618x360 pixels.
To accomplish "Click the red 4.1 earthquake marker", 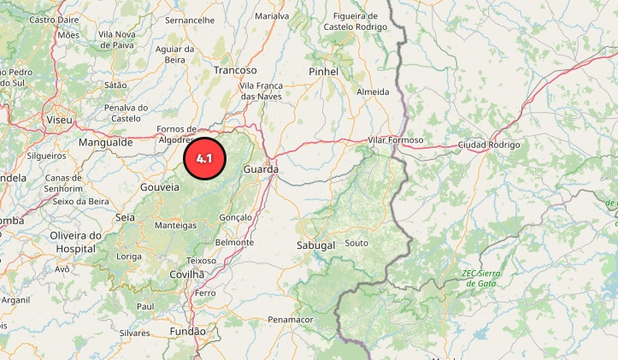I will (x=203, y=158).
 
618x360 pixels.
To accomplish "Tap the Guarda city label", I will (x=261, y=170).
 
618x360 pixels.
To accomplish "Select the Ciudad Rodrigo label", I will (x=488, y=145).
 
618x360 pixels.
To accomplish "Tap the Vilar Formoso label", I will (x=395, y=139).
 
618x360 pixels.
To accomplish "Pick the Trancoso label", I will (x=235, y=70).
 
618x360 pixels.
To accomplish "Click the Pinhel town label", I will (x=324, y=71).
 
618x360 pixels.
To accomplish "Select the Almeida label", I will (x=373, y=91).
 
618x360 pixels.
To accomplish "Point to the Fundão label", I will (x=188, y=330).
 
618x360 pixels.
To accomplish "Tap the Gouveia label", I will (x=160, y=186).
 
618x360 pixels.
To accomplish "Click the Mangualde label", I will (x=106, y=143).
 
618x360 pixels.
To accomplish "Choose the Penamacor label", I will (x=291, y=319).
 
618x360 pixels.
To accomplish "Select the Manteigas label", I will (x=176, y=226).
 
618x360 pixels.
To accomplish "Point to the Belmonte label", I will (x=234, y=242).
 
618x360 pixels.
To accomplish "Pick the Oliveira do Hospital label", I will (x=75, y=241).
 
